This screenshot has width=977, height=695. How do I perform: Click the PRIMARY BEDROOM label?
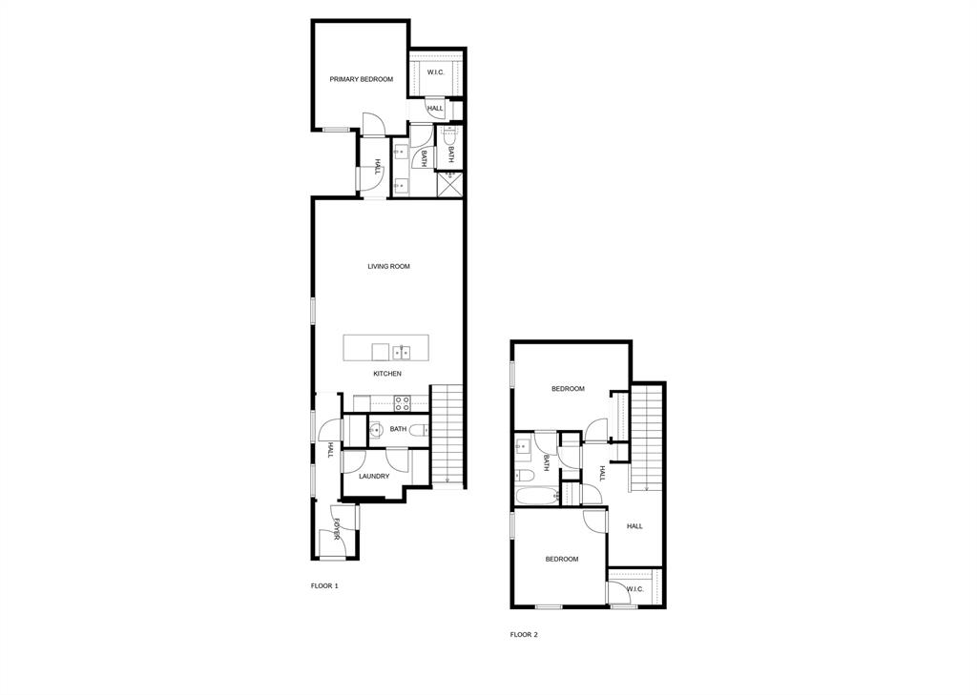[x=361, y=79]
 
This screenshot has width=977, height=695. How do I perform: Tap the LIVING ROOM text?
[x=388, y=266]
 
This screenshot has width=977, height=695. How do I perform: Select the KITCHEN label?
[x=386, y=373]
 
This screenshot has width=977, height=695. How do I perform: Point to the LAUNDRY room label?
[x=373, y=476]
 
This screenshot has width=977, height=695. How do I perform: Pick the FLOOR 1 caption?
[x=324, y=585]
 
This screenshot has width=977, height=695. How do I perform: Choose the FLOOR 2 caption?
[x=524, y=634]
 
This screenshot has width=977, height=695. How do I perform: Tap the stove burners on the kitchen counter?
[x=403, y=403]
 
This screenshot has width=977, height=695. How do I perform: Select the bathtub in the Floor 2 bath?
[x=536, y=497]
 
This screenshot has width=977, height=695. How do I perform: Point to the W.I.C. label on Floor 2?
[x=635, y=589]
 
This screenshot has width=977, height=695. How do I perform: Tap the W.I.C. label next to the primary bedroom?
[x=436, y=72]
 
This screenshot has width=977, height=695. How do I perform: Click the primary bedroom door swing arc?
[x=374, y=124]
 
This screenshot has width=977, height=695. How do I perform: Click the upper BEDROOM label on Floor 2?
[x=568, y=388]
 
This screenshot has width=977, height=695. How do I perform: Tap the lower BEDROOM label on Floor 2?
[x=561, y=559]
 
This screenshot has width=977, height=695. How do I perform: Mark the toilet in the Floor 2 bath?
[x=525, y=474]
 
